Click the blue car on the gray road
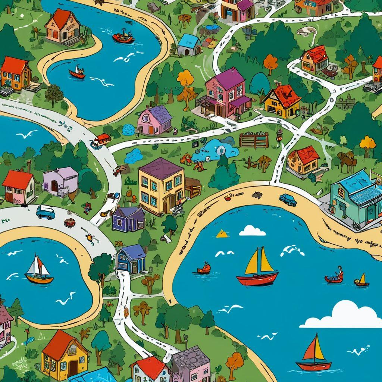pyautogui.click(x=45, y=212)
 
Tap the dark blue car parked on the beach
pyautogui.click(x=288, y=200)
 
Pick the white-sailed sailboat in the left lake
pyautogui.click(x=39, y=270)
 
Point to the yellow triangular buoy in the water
pyautogui.click(x=222, y=234)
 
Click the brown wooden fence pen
pyautogui.click(x=254, y=140)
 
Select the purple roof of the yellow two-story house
pyautogui.click(x=162, y=168)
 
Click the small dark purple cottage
pyautogui.click(x=128, y=219)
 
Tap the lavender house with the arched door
pyautogui.click(x=60, y=182)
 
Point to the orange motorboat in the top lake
pyautogui.click(x=123, y=37)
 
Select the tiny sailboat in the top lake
pyautogui.click(x=77, y=72)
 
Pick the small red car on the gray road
pyautogui.click(x=70, y=223)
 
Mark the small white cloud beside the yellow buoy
pyautogui.click(x=252, y=231)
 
